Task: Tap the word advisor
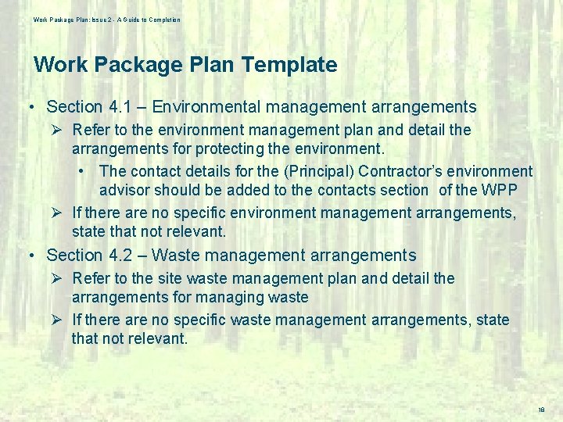click(124, 190)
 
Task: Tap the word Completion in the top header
click(162, 20)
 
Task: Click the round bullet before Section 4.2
click(29, 256)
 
